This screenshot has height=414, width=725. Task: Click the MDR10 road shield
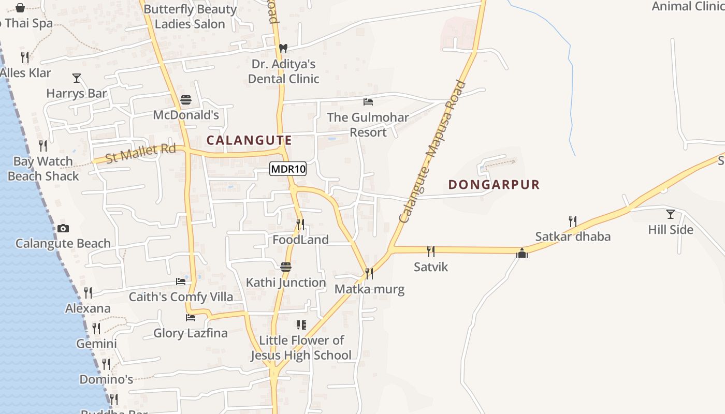click(288, 169)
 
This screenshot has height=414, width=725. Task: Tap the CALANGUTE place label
click(249, 140)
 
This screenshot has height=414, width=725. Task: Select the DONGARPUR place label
click(494, 184)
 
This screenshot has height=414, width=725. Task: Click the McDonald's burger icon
click(186, 100)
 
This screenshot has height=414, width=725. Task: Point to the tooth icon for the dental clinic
click(283, 48)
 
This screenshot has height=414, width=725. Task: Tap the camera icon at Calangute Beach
click(63, 228)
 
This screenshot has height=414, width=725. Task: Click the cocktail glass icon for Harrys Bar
click(77, 78)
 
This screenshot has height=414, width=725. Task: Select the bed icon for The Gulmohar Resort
click(368, 102)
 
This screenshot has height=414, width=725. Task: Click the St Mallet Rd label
click(140, 154)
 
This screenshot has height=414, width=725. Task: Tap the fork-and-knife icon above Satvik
click(431, 252)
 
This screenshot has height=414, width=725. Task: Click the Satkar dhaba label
click(573, 236)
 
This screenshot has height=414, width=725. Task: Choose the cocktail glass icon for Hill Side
click(671, 214)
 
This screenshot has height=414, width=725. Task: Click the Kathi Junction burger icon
click(286, 267)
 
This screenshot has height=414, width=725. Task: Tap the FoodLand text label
click(300, 240)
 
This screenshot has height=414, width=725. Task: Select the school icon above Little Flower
click(301, 325)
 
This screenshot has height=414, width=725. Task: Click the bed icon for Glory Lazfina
click(191, 317)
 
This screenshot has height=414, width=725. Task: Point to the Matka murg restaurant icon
click(369, 273)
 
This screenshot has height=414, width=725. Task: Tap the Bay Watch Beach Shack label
click(43, 169)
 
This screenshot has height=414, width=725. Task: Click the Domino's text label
click(106, 379)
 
